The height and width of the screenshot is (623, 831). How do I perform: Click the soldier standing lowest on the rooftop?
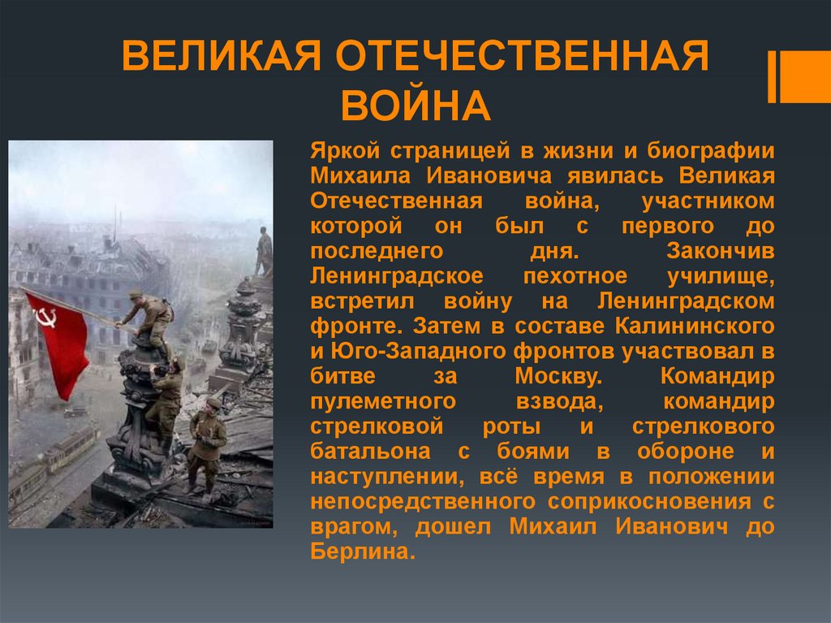[206, 443]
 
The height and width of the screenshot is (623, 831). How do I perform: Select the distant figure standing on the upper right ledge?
[264, 251]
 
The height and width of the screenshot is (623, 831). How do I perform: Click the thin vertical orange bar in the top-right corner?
[772, 77]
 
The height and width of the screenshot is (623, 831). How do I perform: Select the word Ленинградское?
[397, 277]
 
